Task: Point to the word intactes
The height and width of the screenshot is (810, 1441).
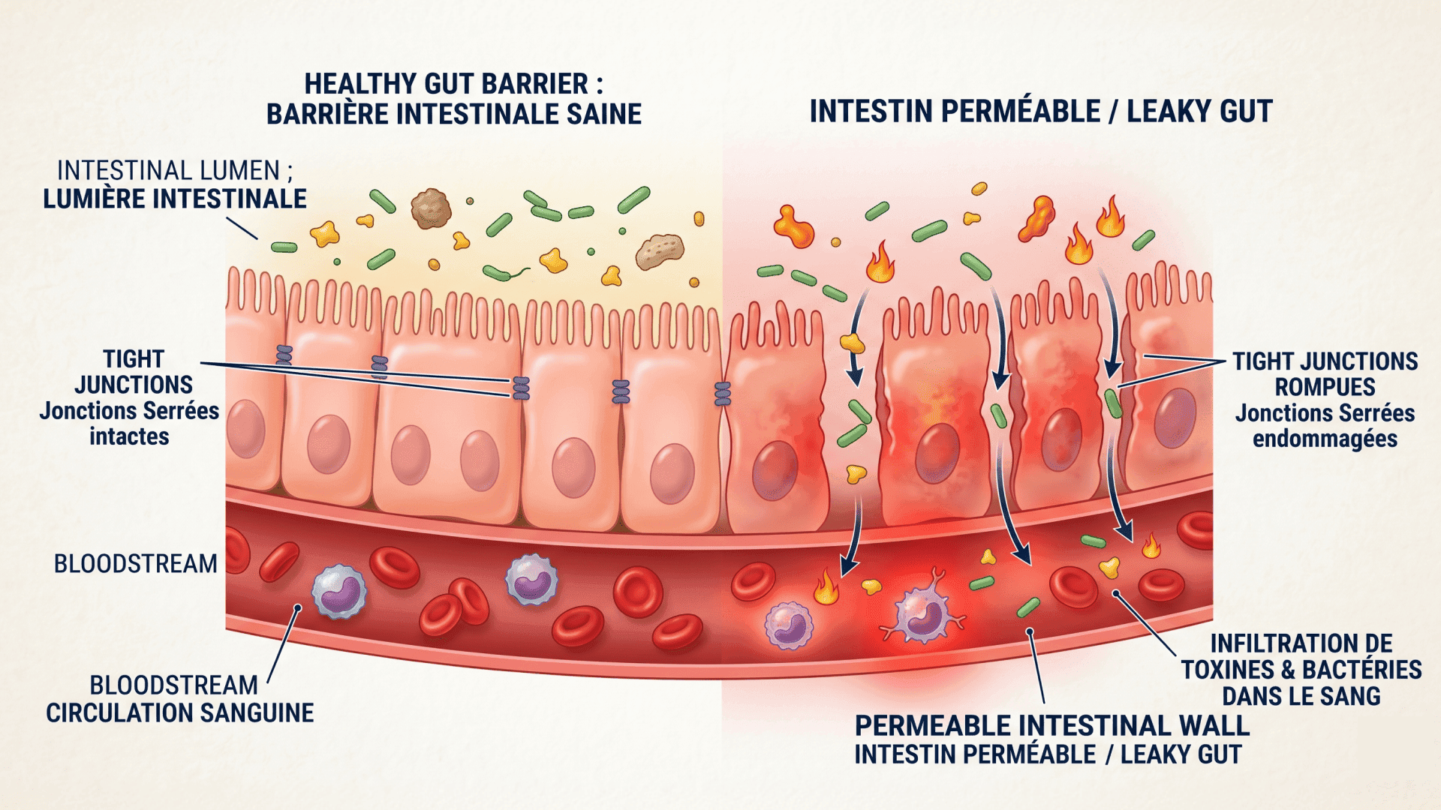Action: pyautogui.click(x=129, y=436)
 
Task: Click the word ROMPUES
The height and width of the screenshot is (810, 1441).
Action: pyautogui.click(x=1325, y=387)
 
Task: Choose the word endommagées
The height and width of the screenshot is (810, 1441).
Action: pyautogui.click(x=1325, y=439)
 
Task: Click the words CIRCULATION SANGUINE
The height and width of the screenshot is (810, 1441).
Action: pyautogui.click(x=180, y=712)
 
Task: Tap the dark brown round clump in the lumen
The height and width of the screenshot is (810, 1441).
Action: pyautogui.click(x=431, y=208)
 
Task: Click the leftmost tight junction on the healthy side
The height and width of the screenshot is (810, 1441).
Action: pyautogui.click(x=284, y=355)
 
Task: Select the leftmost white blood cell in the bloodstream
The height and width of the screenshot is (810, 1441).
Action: pyautogui.click(x=339, y=591)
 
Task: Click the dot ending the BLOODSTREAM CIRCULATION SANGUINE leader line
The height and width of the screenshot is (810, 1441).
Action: pyautogui.click(x=298, y=608)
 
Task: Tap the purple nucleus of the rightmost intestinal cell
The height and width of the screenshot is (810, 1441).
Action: pyautogui.click(x=1175, y=418)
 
